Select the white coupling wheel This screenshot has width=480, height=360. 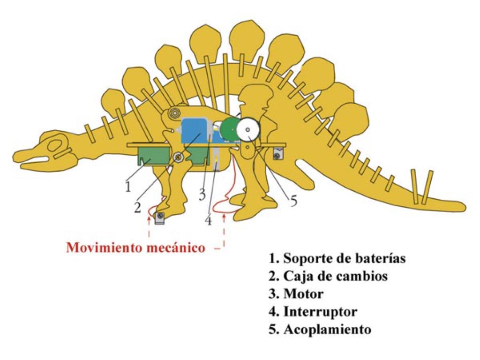248,129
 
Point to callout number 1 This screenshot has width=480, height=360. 127,187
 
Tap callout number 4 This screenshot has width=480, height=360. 208,219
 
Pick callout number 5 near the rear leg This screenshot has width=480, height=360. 293,201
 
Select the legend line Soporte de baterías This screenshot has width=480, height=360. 337,258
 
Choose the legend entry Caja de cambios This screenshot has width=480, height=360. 328,276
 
